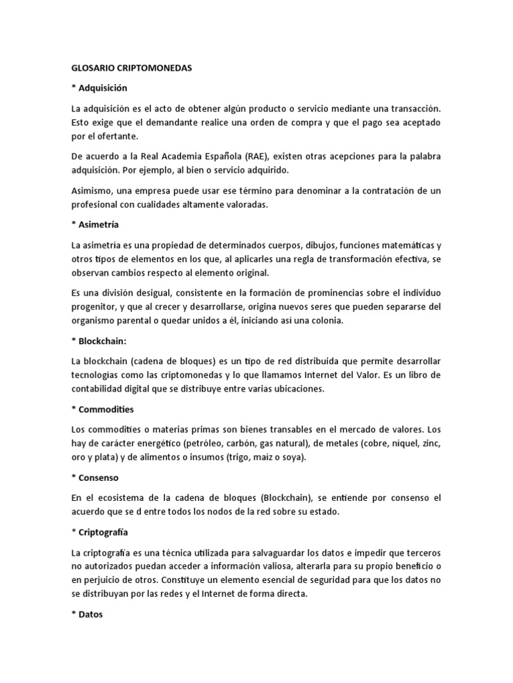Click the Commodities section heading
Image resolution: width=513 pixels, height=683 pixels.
coord(106,409)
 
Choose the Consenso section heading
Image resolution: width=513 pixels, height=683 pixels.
coord(99,478)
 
